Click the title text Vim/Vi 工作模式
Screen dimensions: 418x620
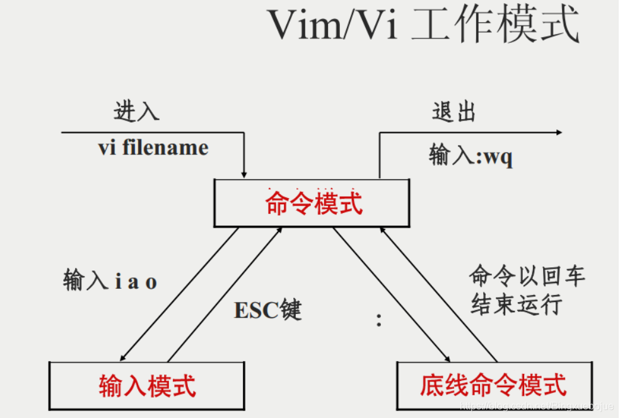tap(423, 25)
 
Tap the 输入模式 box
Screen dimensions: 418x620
tap(147, 385)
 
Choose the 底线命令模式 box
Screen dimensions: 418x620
tap(493, 385)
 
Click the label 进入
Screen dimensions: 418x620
tap(136, 111)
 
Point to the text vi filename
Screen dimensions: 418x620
tap(153, 148)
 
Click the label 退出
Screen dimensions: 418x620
tap(453, 112)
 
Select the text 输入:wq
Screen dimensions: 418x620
tap(471, 155)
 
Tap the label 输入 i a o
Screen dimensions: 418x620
tap(110, 281)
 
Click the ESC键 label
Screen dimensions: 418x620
tap(268, 310)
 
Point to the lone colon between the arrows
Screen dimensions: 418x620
tap(379, 320)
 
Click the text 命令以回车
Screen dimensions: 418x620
tap(527, 276)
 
